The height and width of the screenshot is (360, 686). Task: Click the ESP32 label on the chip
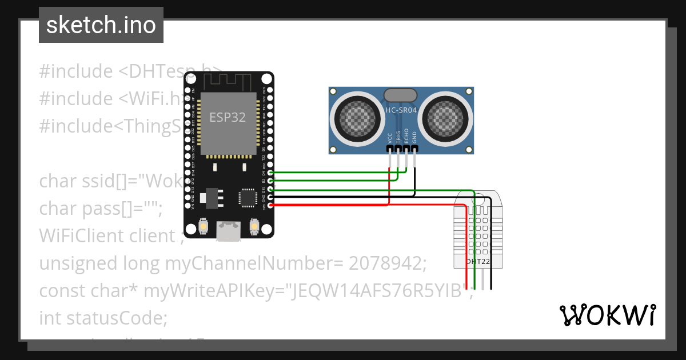pos(228,117)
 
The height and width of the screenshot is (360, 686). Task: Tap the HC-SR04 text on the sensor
pos(401,110)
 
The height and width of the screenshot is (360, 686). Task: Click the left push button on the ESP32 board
pos(202,227)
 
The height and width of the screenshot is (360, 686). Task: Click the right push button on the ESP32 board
pos(253,227)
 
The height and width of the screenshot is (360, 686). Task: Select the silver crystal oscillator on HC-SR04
pos(401,95)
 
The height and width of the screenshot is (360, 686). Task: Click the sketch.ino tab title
pos(101,25)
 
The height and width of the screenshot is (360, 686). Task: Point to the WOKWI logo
pos(607,315)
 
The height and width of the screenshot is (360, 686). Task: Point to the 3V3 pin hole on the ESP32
pos(270,205)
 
